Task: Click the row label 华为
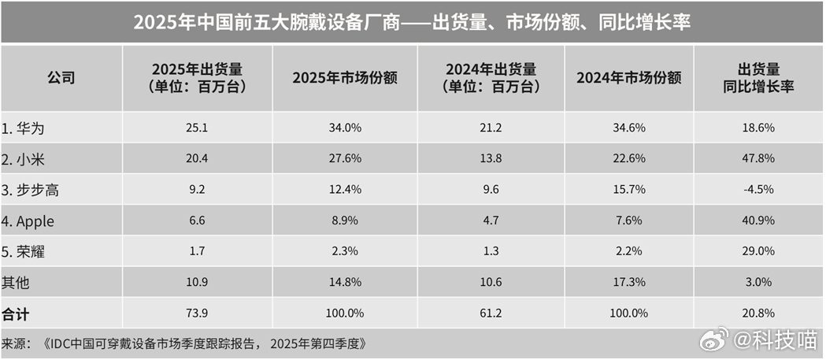pyautogui.click(x=28, y=127)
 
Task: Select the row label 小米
pyautogui.click(x=28, y=158)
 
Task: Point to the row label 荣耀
pyautogui.click(x=28, y=251)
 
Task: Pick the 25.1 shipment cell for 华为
pyautogui.click(x=196, y=127)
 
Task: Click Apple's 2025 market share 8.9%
pyautogui.click(x=344, y=221)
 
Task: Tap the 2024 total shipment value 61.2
pyautogui.click(x=490, y=313)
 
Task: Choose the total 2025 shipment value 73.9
pyautogui.click(x=196, y=313)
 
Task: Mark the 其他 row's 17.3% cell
pyautogui.click(x=628, y=282)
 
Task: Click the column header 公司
pyautogui.click(x=61, y=78)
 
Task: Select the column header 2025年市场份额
pyautogui.click(x=344, y=78)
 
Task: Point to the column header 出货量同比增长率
pyautogui.click(x=758, y=78)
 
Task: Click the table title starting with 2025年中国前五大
pyautogui.click(x=412, y=22)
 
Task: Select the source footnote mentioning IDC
pyautogui.click(x=184, y=343)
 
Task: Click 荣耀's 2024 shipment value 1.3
pyautogui.click(x=490, y=251)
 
